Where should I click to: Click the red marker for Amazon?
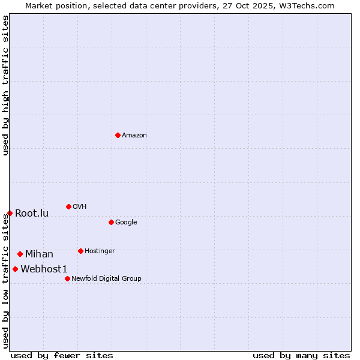(x=118, y=135)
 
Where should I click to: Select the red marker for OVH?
(x=68, y=206)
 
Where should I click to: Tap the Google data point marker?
(x=111, y=222)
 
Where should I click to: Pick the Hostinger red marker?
(x=80, y=251)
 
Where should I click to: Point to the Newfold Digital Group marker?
(x=67, y=278)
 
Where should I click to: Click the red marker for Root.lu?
(x=10, y=213)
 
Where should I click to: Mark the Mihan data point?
(x=20, y=254)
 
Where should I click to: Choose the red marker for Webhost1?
(x=15, y=269)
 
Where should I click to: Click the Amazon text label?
(x=134, y=136)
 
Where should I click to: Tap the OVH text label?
(x=80, y=207)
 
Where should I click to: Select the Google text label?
(x=126, y=223)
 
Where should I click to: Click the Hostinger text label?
(x=100, y=251)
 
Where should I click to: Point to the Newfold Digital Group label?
(x=106, y=279)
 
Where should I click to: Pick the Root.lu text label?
(x=32, y=214)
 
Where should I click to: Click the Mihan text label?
(x=39, y=254)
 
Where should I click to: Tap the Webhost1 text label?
(x=44, y=269)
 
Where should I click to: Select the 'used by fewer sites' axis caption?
(x=62, y=355)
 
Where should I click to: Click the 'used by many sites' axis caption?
(x=301, y=355)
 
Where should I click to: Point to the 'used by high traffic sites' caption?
(x=5, y=85)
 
